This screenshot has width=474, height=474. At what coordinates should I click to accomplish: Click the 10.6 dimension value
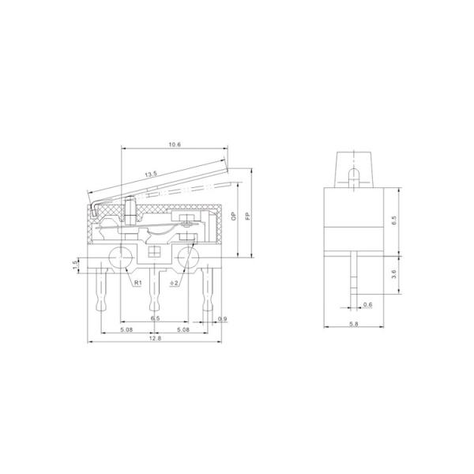click(x=175, y=145)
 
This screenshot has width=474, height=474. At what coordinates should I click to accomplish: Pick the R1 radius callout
click(x=137, y=282)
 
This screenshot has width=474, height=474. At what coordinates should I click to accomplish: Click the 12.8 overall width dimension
click(x=155, y=337)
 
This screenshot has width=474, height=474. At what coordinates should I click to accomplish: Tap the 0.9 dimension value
click(x=222, y=318)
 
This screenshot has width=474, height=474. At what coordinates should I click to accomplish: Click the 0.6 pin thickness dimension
click(x=367, y=304)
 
